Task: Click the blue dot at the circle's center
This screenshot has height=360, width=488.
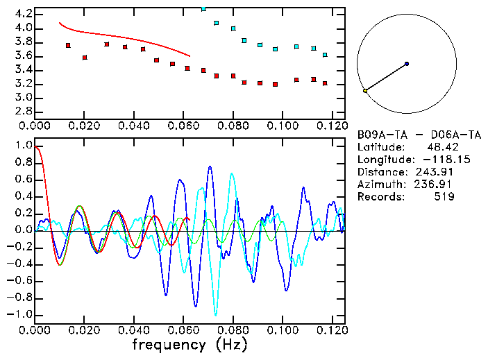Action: (407, 64)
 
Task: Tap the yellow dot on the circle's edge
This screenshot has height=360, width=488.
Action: (365, 91)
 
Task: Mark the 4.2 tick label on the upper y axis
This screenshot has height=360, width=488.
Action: (23, 14)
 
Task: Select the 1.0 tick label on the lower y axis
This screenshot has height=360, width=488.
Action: (23, 146)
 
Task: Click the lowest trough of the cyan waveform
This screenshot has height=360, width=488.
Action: (216, 314)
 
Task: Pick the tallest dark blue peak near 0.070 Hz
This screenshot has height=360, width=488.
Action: (210, 166)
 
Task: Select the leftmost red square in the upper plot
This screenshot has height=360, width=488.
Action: (68, 46)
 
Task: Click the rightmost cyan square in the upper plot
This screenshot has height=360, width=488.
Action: (325, 55)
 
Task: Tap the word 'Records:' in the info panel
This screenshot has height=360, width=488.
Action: (380, 197)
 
